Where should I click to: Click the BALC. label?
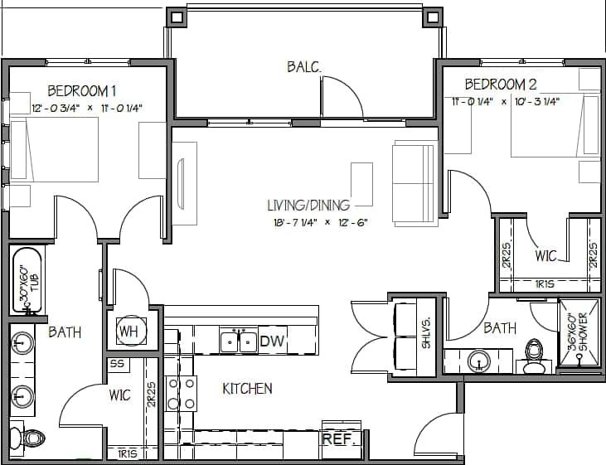tap(305, 66)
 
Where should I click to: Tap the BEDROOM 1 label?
tap(81, 90)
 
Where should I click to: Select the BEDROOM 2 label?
tap(500, 84)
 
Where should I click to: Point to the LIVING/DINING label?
tap(308, 205)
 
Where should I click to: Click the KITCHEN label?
tap(247, 388)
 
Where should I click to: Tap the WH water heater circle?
tap(128, 332)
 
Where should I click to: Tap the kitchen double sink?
tap(237, 340)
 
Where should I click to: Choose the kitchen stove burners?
tap(181, 393)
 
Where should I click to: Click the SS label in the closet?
tap(117, 365)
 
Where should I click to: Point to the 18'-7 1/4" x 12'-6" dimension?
tap(318, 222)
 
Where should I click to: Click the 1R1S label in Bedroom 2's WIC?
tap(545, 283)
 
